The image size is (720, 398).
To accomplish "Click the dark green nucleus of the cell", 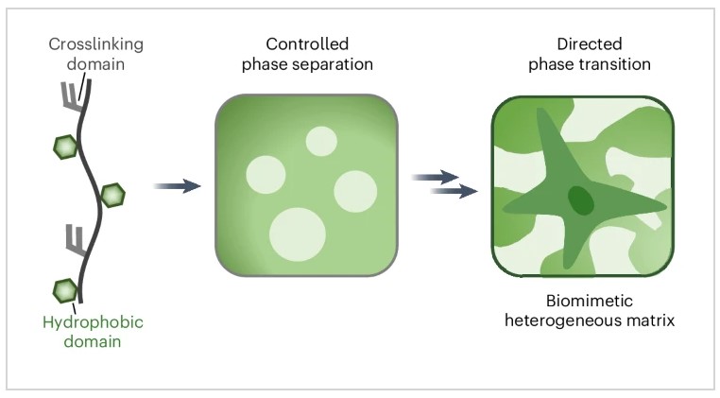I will (580, 200).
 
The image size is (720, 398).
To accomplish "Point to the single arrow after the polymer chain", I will (177, 186).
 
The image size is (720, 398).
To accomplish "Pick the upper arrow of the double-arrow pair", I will (436, 176).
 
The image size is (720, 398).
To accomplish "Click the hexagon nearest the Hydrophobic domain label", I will (64, 288).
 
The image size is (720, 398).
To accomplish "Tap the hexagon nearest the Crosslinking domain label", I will (65, 147).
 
